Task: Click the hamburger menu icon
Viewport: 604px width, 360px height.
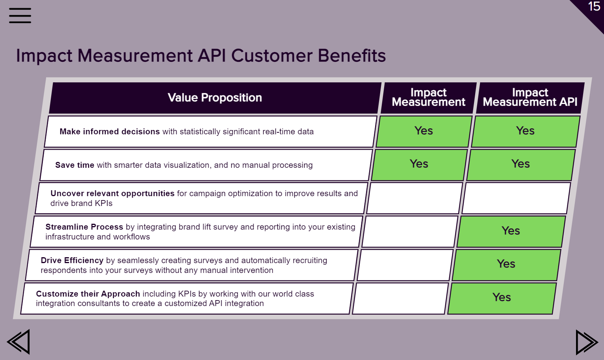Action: point(20,15)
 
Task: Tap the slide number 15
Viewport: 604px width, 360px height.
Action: point(594,6)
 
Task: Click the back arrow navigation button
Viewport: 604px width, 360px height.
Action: point(19,341)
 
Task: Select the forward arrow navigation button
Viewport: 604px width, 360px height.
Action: point(587,342)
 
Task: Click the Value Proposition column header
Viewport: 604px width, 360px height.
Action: point(215,98)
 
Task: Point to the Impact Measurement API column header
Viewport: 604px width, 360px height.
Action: point(530,98)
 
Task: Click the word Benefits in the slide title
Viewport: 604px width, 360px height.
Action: point(351,56)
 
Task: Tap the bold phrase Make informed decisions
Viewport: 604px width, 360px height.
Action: point(110,132)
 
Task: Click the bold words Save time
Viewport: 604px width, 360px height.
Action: point(75,165)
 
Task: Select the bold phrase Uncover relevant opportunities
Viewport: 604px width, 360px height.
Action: point(112,193)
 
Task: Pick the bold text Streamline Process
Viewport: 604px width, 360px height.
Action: point(84,227)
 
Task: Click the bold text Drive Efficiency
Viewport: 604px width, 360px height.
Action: point(72,260)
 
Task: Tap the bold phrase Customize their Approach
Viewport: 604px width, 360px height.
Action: point(88,294)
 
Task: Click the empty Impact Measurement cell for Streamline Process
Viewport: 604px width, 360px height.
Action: point(410,232)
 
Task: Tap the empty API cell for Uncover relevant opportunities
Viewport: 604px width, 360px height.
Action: point(516,198)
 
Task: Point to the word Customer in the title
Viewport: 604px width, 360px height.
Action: point(272,56)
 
